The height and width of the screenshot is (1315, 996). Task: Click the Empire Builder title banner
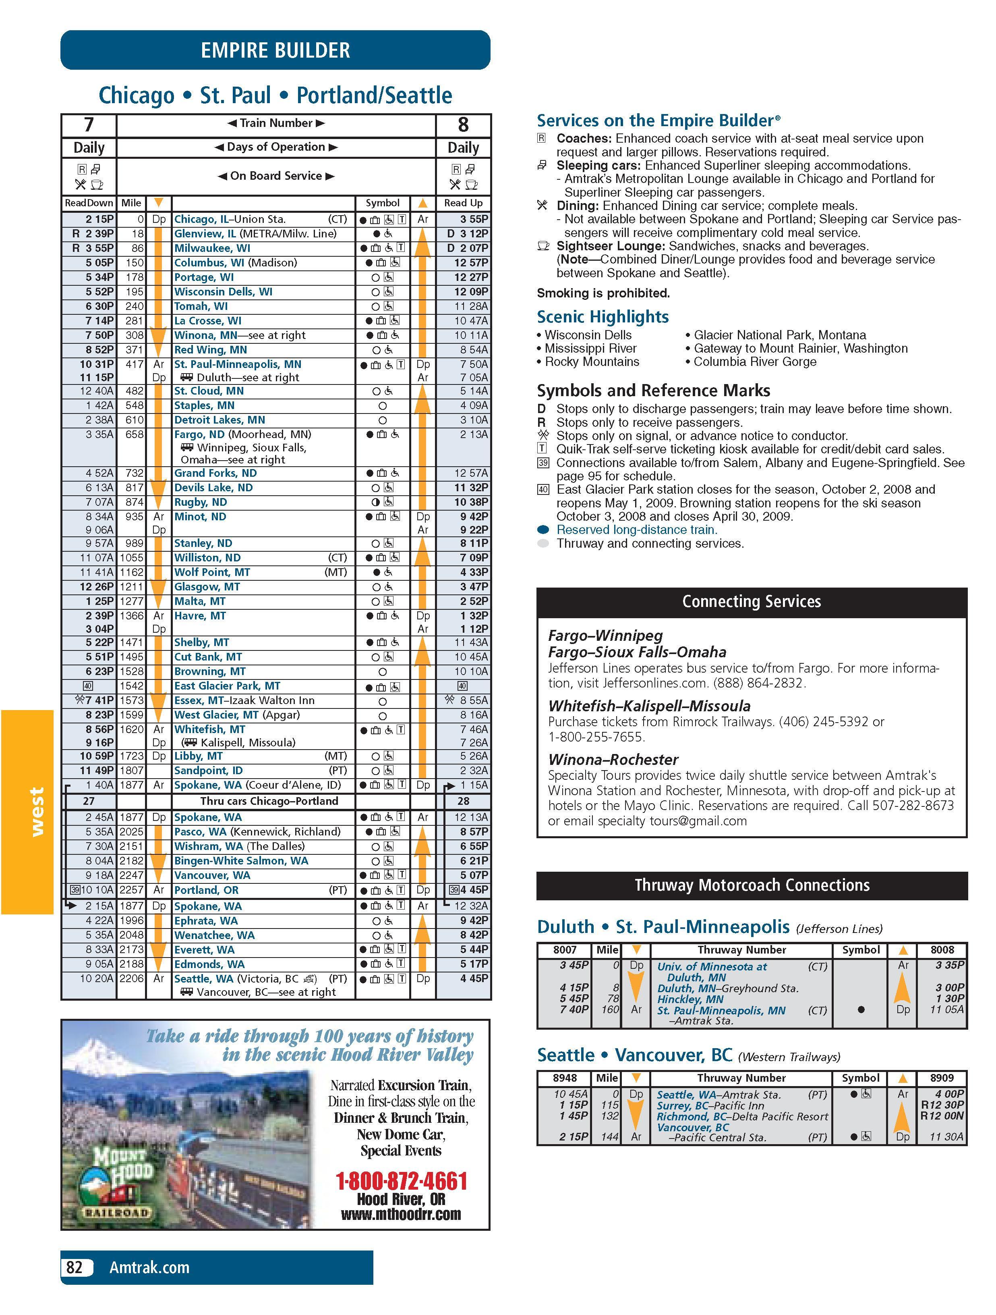coord(275,50)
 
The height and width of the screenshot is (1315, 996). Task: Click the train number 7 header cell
coord(89,125)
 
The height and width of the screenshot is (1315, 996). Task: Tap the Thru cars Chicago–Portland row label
coord(269,801)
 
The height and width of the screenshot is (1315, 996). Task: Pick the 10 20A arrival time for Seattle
coord(96,978)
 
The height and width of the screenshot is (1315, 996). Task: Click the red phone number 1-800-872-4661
coord(401,1181)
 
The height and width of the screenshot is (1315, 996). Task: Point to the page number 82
coord(75,1267)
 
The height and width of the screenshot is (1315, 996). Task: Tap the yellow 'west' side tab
coord(37,812)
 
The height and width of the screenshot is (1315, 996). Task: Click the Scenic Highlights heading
coord(603,316)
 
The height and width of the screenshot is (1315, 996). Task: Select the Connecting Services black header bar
coord(751,602)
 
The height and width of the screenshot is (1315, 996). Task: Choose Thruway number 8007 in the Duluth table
coord(565,950)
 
